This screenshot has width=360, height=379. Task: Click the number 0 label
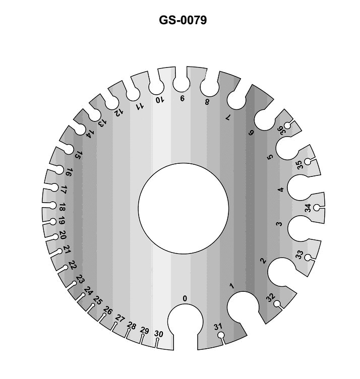(185, 299)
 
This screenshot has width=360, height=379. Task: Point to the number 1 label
(232, 286)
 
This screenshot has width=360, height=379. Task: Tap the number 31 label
(218, 327)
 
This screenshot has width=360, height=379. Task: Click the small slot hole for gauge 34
(317, 208)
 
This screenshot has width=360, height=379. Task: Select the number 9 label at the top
(182, 99)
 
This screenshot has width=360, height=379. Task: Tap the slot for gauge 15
(66, 148)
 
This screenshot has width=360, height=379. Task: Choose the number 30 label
(158, 334)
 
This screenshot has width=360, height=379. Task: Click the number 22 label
(73, 265)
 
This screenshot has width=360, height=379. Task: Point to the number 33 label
(299, 255)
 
